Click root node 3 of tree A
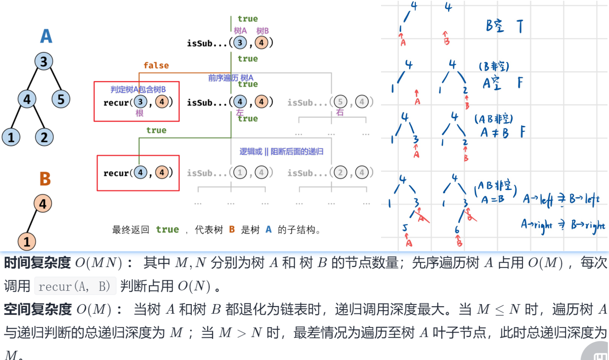44,61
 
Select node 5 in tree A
61,99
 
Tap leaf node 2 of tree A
44,137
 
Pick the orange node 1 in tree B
27,242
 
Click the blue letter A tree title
46,36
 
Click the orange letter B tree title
45,179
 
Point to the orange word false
156,66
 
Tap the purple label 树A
240,31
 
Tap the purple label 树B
262,31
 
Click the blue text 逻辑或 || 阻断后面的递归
281,151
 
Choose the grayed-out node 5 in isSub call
340,102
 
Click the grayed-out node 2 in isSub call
340,173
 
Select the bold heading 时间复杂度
37,263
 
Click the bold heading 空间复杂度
38,309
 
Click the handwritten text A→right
536,225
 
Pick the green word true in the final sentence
167,230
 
